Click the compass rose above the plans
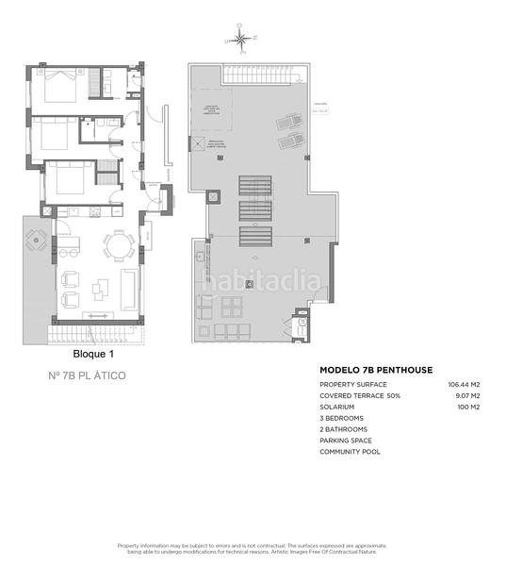click(240, 39)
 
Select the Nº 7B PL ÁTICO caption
click(87, 375)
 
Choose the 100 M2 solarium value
click(469, 407)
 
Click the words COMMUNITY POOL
click(350, 451)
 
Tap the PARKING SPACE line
click(346, 440)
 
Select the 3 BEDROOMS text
click(341, 418)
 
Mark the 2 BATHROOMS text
click(344, 429)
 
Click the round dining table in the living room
click(118, 247)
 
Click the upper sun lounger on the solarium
click(286, 124)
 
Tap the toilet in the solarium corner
click(302, 323)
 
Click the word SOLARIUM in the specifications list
click(337, 407)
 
